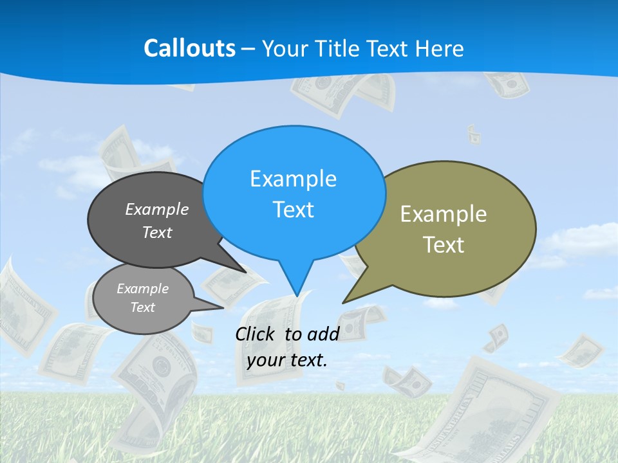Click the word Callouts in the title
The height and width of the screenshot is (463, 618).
(189, 48)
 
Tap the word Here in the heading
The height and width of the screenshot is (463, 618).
(440, 48)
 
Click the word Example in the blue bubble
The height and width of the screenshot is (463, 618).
(293, 179)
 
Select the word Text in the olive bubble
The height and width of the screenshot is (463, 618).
(444, 245)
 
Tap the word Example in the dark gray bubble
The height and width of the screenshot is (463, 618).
(157, 209)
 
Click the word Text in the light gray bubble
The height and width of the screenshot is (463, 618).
(142, 307)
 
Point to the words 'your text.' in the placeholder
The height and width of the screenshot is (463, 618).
(287, 360)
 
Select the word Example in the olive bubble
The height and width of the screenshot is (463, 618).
(444, 214)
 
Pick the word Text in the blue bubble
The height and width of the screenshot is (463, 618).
(294, 210)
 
